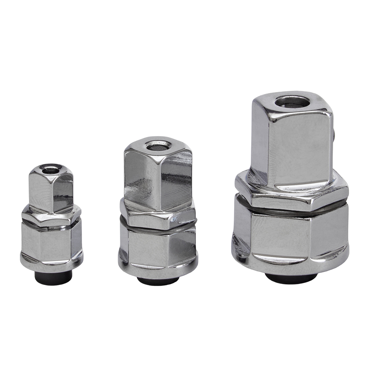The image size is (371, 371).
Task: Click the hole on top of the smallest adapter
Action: [50, 170]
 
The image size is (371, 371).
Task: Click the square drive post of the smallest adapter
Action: [51, 189]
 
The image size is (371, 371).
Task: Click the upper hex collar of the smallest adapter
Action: [51, 216]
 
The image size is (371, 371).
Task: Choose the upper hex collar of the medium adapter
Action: [158, 216]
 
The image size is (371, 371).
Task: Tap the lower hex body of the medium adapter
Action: [158, 247]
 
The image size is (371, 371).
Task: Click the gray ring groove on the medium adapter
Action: [158, 229]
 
